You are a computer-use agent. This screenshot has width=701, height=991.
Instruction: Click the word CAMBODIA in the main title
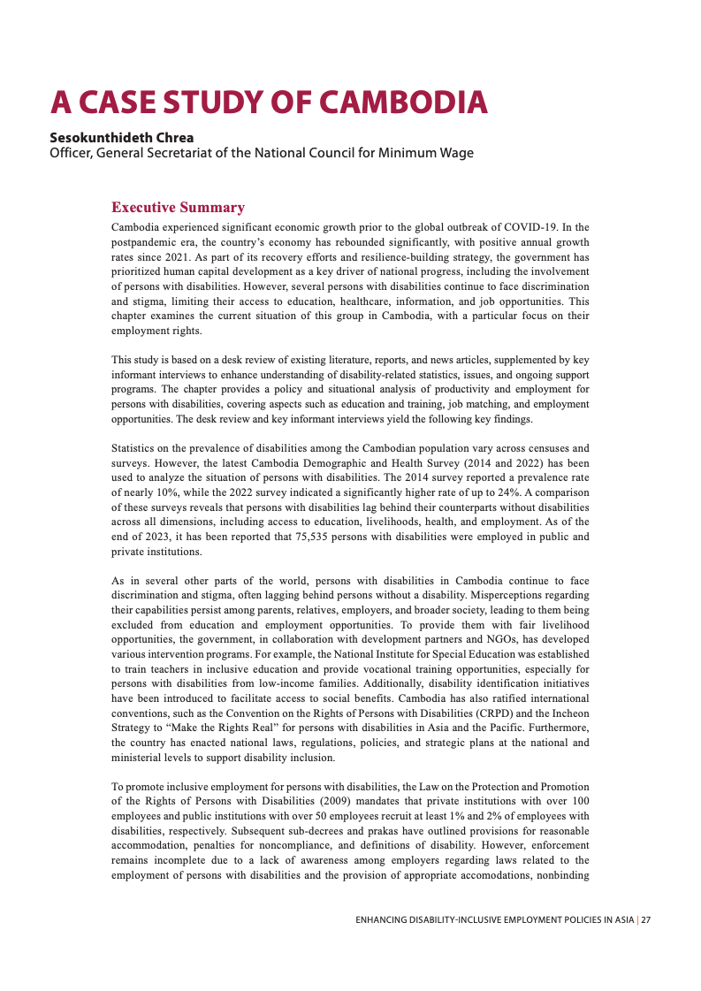(402, 103)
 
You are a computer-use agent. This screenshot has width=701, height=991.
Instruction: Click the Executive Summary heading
(178, 208)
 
